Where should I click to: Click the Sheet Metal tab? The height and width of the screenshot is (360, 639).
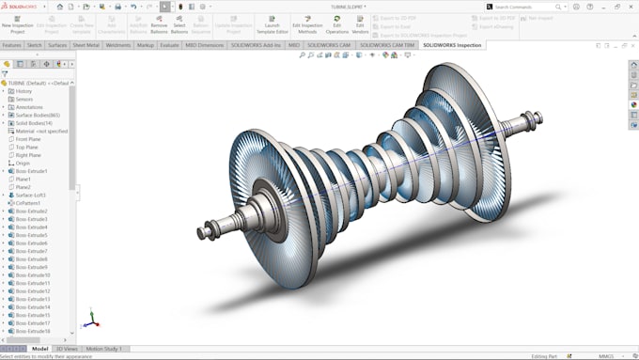pyautogui.click(x=86, y=44)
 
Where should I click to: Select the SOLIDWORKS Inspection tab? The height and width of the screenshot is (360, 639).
pyautogui.click(x=452, y=44)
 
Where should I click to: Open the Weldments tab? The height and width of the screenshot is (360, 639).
pyautogui.click(x=118, y=44)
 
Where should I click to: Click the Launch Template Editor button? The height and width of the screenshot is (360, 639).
pyautogui.click(x=272, y=28)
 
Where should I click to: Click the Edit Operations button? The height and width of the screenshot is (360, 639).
pyautogui.click(x=337, y=28)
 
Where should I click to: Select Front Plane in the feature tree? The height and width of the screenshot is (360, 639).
pyautogui.click(x=29, y=139)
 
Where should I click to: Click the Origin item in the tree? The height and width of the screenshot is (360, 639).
pyautogui.click(x=23, y=163)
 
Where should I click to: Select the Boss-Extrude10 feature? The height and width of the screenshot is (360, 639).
pyautogui.click(x=33, y=274)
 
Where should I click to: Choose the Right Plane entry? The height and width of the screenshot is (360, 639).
pyautogui.click(x=29, y=155)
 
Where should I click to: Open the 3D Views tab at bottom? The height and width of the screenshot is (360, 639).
pyautogui.click(x=66, y=349)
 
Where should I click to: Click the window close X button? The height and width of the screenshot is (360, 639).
pyautogui.click(x=631, y=6)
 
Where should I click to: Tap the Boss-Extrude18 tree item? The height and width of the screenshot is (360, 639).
pyautogui.click(x=33, y=331)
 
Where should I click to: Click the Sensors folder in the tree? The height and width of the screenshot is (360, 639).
pyautogui.click(x=24, y=99)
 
